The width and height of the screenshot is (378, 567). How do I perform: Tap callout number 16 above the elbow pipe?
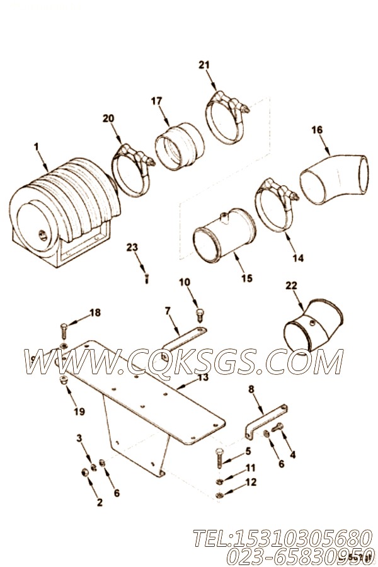[317, 130]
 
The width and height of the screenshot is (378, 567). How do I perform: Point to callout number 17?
[156, 100]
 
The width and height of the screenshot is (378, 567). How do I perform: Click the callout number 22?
[290, 286]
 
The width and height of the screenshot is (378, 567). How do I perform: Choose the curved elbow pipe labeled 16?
[334, 178]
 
